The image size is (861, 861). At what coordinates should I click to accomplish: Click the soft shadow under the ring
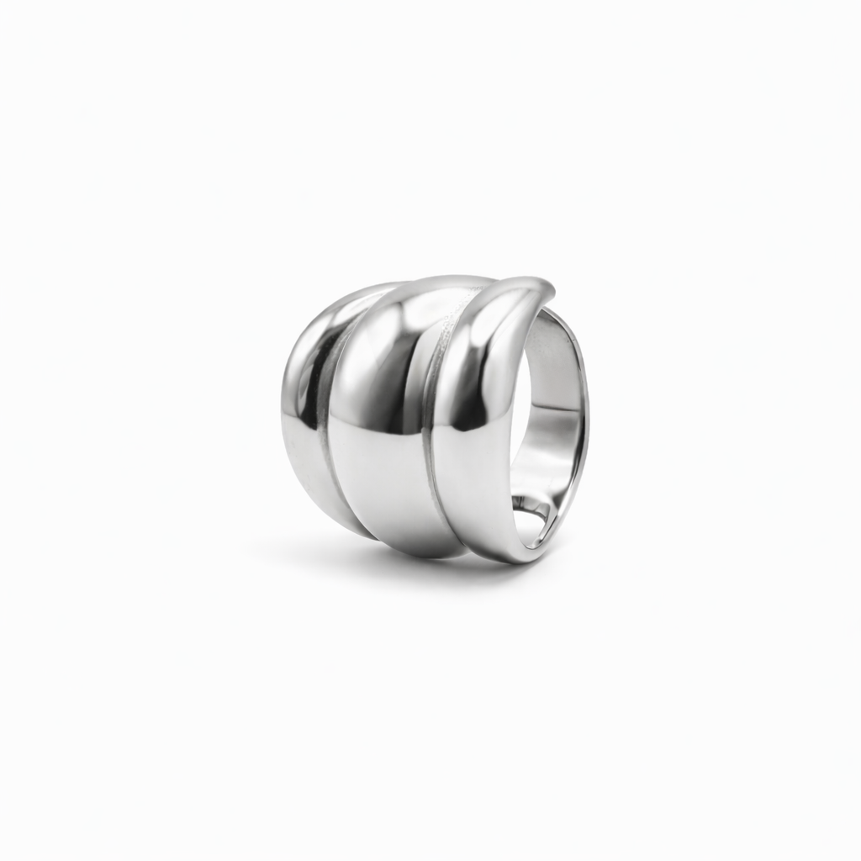click(x=404, y=565)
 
